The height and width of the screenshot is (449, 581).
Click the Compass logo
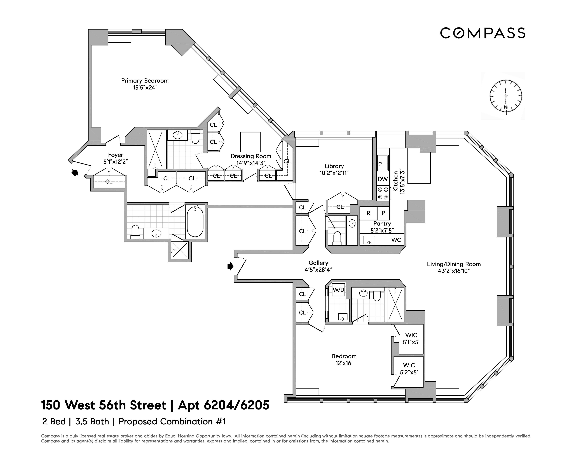click(x=482, y=33)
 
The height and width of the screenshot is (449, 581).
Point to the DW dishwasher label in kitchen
click(x=383, y=179)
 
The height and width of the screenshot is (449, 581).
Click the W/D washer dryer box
click(x=338, y=290)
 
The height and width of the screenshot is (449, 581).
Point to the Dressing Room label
click(x=251, y=156)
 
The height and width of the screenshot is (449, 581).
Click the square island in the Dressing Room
click(x=250, y=142)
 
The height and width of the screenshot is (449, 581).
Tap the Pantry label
click(x=382, y=223)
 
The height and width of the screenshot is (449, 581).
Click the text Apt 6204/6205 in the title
click(x=223, y=405)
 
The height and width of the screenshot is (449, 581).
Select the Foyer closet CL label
click(x=109, y=182)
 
